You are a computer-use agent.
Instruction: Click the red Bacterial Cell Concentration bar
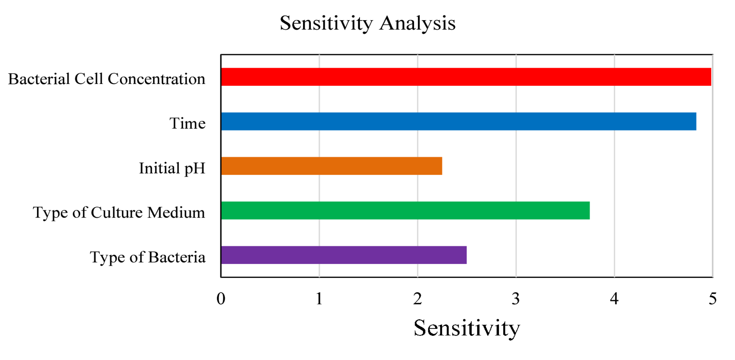[x=466, y=77]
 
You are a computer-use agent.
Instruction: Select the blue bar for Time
[x=458, y=121]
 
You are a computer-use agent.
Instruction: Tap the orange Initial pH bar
[x=331, y=166]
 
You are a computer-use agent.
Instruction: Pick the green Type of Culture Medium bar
[x=405, y=211]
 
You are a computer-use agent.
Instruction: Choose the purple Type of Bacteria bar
[x=343, y=255]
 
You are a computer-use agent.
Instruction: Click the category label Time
[x=187, y=123]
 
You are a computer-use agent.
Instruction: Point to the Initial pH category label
[x=172, y=168]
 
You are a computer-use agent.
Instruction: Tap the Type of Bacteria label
[x=148, y=257]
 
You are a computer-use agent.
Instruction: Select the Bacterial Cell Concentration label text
[x=107, y=79]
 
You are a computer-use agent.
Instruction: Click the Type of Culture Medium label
[x=119, y=213]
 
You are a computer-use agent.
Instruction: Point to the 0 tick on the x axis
[x=221, y=299]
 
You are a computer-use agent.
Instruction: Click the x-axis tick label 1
[x=319, y=299]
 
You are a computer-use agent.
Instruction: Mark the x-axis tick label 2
[x=418, y=299]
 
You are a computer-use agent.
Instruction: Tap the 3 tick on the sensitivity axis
[x=516, y=299]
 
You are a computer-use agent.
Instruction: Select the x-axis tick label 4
[x=614, y=299]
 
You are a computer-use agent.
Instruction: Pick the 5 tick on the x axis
[x=712, y=299]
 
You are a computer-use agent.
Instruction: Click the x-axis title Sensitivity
[x=467, y=328]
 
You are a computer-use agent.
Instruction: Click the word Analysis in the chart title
[x=417, y=23]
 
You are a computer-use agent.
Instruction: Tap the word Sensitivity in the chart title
[x=326, y=23]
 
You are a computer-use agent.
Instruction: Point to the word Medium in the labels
[x=176, y=213]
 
